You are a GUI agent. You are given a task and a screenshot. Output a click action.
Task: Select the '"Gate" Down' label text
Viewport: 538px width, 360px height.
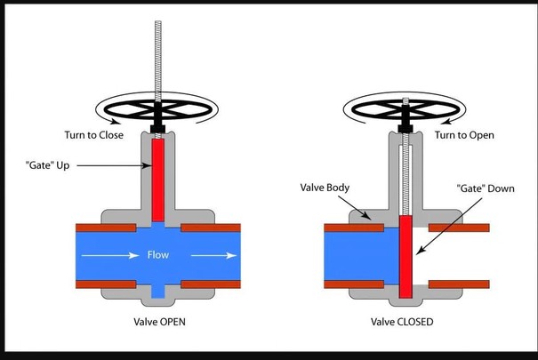(x=485, y=188)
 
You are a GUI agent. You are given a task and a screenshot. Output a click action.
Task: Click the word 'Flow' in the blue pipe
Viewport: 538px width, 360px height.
(x=158, y=257)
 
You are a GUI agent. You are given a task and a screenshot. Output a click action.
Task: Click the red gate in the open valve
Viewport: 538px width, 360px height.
(x=157, y=182)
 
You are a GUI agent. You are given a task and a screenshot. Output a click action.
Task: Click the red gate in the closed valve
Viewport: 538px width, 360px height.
(x=407, y=258)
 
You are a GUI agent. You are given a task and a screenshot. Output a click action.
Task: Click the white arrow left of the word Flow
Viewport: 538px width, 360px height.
(x=111, y=257)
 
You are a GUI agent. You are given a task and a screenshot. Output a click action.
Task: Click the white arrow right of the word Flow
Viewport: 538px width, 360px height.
(x=212, y=257)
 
